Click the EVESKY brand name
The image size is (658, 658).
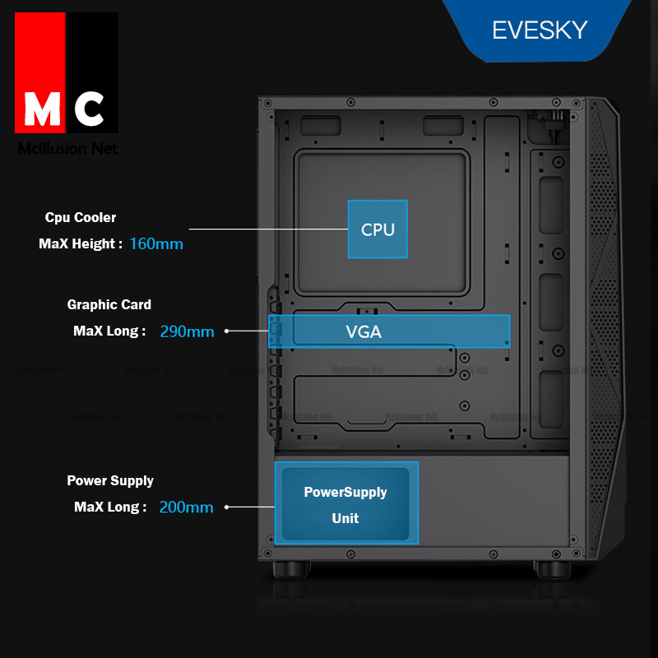click(x=540, y=30)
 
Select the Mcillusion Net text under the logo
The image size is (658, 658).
click(x=67, y=149)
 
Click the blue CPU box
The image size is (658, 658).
click(x=378, y=229)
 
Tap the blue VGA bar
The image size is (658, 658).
click(x=389, y=331)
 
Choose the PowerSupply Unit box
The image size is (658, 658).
click(x=345, y=503)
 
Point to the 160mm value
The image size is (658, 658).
click(x=156, y=244)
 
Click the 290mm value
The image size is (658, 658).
click(x=187, y=331)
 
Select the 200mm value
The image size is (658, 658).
click(x=186, y=507)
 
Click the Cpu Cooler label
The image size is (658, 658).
click(x=81, y=218)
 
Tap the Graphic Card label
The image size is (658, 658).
click(x=109, y=304)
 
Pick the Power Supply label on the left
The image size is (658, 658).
click(x=110, y=480)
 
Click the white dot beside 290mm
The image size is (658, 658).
click(x=226, y=331)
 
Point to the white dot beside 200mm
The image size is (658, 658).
click(x=226, y=507)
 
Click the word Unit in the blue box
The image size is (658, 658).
click(x=345, y=518)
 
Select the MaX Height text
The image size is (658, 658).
click(x=81, y=244)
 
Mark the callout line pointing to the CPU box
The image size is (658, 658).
click(x=268, y=229)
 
